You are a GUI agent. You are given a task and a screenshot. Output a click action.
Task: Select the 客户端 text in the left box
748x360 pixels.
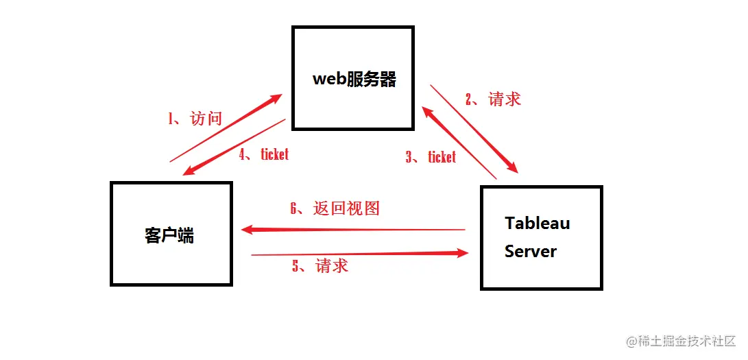click(x=169, y=235)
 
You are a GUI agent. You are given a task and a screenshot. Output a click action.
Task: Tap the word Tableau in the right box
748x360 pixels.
click(x=537, y=223)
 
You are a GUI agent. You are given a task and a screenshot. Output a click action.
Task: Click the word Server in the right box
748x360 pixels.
click(x=530, y=251)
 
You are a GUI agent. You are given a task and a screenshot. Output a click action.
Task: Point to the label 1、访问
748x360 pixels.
click(x=195, y=119)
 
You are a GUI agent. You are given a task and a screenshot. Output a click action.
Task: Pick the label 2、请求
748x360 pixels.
click(x=493, y=99)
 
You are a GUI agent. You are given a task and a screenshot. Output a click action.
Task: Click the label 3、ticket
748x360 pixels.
click(x=431, y=157)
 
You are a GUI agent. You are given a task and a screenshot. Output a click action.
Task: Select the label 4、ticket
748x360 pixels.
click(x=264, y=154)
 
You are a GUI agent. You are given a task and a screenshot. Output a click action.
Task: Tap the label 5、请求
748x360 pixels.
click(x=320, y=265)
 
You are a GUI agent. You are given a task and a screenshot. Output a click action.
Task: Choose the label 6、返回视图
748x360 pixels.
click(x=335, y=208)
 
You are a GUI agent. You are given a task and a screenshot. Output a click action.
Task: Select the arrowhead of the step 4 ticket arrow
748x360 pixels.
click(x=187, y=171)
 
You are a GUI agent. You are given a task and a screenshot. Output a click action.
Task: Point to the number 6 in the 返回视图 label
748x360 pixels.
click(x=293, y=208)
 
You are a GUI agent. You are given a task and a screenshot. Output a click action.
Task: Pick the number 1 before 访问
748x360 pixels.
click(x=171, y=119)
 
